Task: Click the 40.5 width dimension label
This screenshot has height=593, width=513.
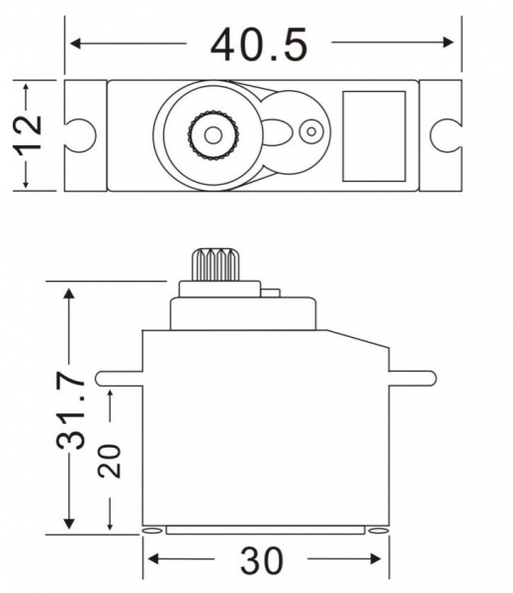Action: point(259,44)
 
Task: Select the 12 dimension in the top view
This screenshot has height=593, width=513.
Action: point(28,134)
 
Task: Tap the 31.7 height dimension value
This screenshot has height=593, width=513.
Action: point(70,411)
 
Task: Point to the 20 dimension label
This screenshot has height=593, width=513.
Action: point(110,461)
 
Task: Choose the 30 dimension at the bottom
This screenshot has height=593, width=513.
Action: point(261,560)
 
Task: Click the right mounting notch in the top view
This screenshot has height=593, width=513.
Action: point(446,135)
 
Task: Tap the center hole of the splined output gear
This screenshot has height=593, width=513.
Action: point(213,134)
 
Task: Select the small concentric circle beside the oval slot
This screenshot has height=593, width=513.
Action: point(311,132)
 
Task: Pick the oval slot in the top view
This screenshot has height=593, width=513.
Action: point(278,132)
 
